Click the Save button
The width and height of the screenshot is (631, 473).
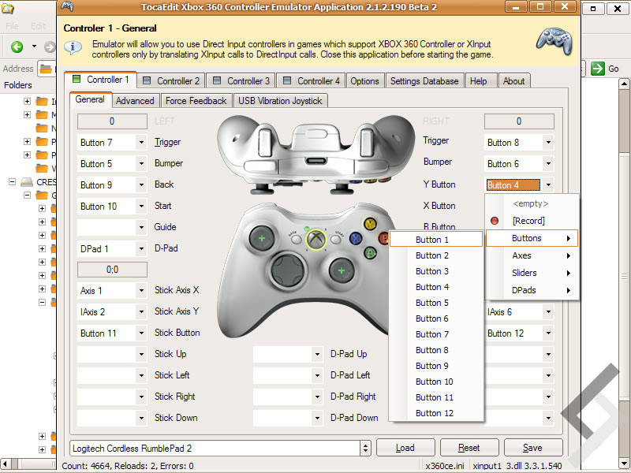[x=532, y=448]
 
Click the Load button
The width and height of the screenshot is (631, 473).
[x=405, y=448]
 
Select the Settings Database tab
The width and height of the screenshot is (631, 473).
[x=424, y=80]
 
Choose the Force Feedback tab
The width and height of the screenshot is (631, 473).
[x=196, y=100]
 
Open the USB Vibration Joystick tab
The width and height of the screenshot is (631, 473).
[x=280, y=100]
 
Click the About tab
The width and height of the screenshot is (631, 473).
[x=513, y=80]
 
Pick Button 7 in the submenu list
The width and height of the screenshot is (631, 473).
[x=432, y=334]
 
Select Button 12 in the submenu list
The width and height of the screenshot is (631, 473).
[x=435, y=413]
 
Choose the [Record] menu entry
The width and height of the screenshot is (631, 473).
[x=528, y=221]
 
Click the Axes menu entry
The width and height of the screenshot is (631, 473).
[x=522, y=255]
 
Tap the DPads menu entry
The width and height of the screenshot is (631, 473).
[x=524, y=290]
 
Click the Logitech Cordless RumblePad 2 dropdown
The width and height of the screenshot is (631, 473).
[x=220, y=448]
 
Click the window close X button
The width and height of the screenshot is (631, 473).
[x=563, y=7]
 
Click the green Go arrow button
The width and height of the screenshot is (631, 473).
[x=598, y=69]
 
